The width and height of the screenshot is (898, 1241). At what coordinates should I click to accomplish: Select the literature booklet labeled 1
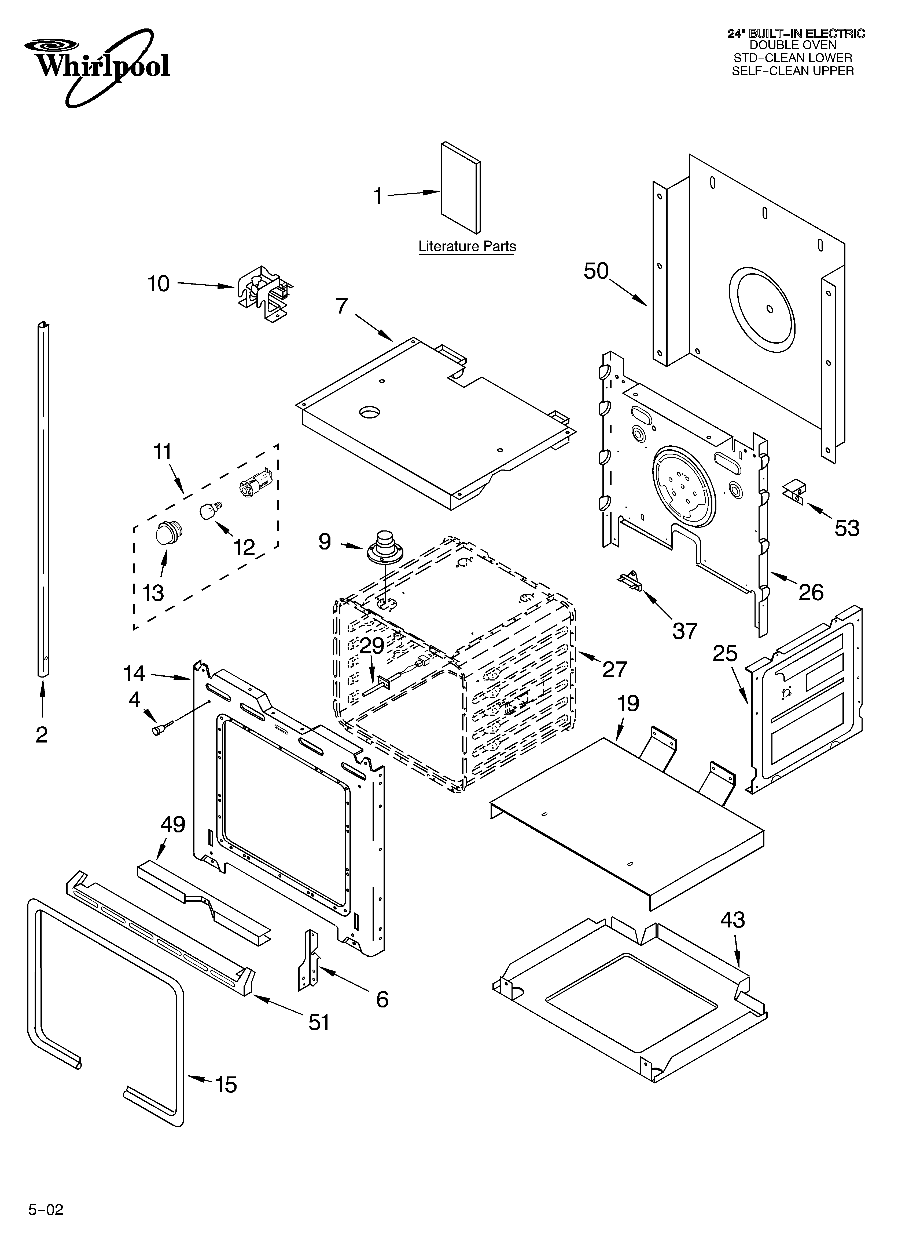click(461, 188)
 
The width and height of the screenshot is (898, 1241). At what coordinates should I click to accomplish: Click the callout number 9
click(325, 542)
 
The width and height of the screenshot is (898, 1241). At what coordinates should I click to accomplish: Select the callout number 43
click(732, 920)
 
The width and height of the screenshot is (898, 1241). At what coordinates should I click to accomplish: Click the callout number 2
click(42, 735)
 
